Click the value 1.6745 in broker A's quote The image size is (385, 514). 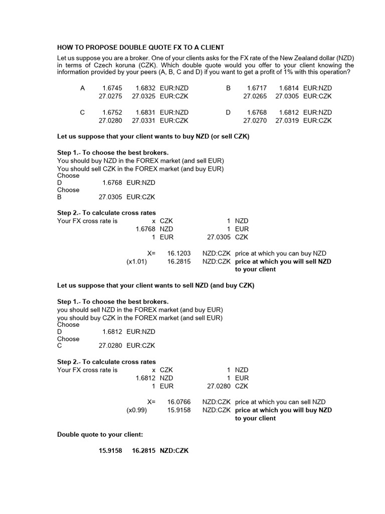(x=112, y=88)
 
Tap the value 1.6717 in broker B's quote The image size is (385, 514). (x=257, y=88)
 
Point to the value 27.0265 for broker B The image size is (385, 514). (x=255, y=96)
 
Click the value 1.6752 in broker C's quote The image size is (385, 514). (x=112, y=112)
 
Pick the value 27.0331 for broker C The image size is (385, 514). (x=144, y=120)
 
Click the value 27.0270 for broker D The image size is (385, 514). (x=255, y=120)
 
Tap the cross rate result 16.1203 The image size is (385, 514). (x=179, y=253)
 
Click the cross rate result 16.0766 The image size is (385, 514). (x=179, y=402)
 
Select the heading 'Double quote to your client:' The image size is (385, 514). (x=100, y=434)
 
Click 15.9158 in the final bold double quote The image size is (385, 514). (x=110, y=451)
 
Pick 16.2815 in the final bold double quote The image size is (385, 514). (x=144, y=451)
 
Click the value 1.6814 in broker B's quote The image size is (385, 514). (x=289, y=88)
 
